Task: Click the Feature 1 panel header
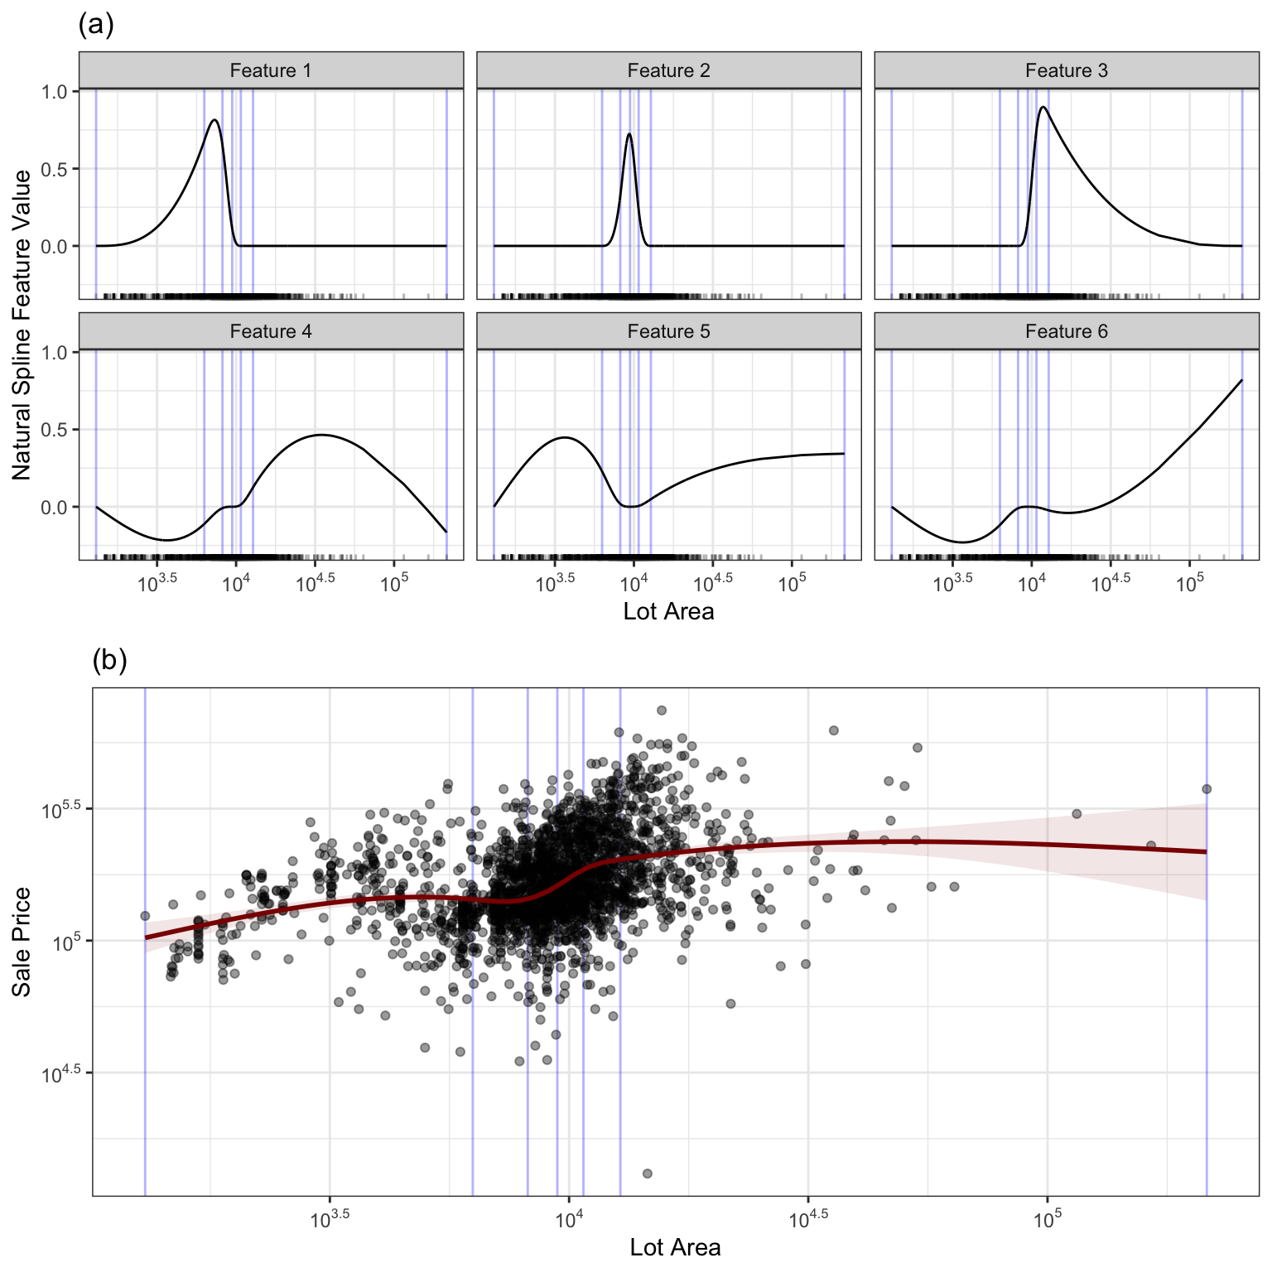click(x=271, y=70)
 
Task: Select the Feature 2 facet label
click(x=668, y=70)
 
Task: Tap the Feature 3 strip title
click(x=1066, y=70)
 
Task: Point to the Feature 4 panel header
click(x=271, y=331)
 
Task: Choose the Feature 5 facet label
click(x=668, y=331)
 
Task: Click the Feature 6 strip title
click(x=1066, y=331)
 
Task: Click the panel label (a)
click(x=96, y=25)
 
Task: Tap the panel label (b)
click(x=109, y=660)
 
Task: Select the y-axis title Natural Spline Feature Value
click(x=22, y=325)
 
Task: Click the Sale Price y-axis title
click(x=22, y=942)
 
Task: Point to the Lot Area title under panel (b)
click(x=675, y=1247)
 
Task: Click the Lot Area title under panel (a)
click(x=668, y=611)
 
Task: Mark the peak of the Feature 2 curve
click(x=629, y=134)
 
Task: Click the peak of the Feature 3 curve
click(x=1043, y=107)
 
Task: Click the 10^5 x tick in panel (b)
click(x=1047, y=1219)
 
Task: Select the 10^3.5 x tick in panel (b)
click(x=330, y=1219)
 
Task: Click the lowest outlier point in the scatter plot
click(x=648, y=1173)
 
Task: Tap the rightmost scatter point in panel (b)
click(x=1207, y=789)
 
